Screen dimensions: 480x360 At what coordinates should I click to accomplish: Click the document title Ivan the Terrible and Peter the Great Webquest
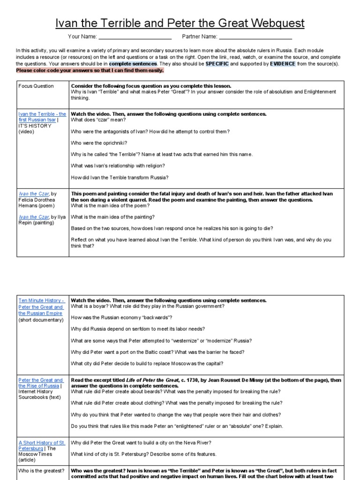pos(180,23)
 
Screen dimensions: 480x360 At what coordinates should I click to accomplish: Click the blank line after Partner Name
pos(255,37)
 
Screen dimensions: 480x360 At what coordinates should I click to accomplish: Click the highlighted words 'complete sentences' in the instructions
pos(133,64)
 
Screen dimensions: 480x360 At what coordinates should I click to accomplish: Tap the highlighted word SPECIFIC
pos(214,64)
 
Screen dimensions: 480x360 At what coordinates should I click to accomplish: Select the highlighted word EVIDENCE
pos(283,64)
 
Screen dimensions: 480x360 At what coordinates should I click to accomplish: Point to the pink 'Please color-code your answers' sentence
pos(90,70)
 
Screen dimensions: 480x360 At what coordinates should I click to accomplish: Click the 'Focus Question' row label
pos(36,86)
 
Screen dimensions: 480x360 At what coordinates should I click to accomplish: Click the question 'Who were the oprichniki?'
pos(99,143)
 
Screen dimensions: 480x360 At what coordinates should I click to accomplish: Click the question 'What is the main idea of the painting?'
pos(112,217)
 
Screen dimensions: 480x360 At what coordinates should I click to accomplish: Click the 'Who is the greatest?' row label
pos(41,471)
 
